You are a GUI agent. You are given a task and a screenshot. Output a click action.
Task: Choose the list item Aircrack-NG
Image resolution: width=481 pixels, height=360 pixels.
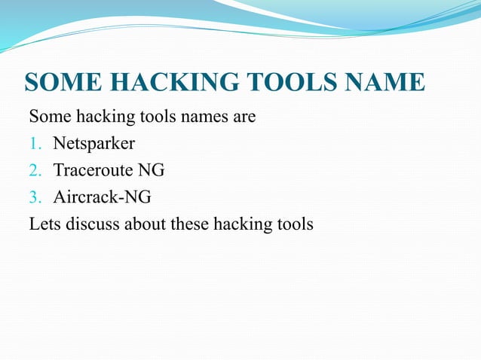(x=103, y=197)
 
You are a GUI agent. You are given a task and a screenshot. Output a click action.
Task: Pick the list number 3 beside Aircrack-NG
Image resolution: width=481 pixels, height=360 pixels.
(x=34, y=197)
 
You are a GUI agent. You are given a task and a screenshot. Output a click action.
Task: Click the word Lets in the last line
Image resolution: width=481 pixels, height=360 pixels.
(x=42, y=224)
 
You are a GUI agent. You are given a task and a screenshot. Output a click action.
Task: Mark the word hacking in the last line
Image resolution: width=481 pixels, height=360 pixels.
(x=243, y=224)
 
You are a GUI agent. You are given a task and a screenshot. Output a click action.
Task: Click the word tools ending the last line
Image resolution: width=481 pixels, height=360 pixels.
(x=296, y=224)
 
